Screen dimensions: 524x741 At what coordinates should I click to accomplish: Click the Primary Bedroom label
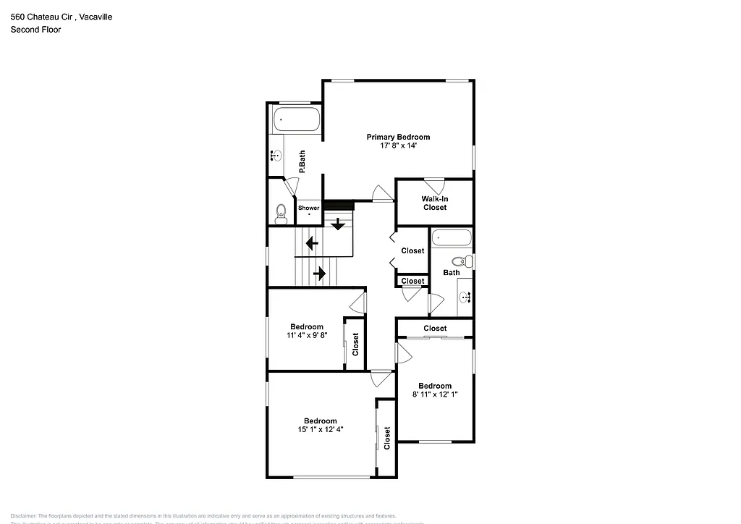pos(398,137)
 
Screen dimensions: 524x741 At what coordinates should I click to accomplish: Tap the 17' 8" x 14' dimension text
pos(398,145)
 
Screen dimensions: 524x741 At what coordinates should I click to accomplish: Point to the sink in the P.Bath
pos(276,155)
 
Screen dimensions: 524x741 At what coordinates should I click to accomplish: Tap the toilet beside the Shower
pos(281,213)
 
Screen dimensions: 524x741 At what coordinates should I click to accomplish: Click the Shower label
pos(309,208)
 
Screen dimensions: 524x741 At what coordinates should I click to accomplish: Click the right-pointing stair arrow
pos(319,274)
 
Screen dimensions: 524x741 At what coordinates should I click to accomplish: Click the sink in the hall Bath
pos(465,296)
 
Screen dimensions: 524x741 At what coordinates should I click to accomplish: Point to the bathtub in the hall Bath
pos(452,237)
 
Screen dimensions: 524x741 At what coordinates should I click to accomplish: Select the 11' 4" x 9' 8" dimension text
pos(307,335)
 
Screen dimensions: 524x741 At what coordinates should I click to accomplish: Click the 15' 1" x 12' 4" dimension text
pos(320,430)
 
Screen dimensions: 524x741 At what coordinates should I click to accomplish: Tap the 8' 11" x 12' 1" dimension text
pos(435,394)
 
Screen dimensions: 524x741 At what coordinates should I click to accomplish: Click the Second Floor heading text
pos(35,30)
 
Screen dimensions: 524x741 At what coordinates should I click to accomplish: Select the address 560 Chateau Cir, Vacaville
pos(62,16)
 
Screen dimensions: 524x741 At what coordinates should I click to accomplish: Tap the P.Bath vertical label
pos(302,161)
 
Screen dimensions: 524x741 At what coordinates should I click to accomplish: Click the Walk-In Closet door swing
pos(433,184)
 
